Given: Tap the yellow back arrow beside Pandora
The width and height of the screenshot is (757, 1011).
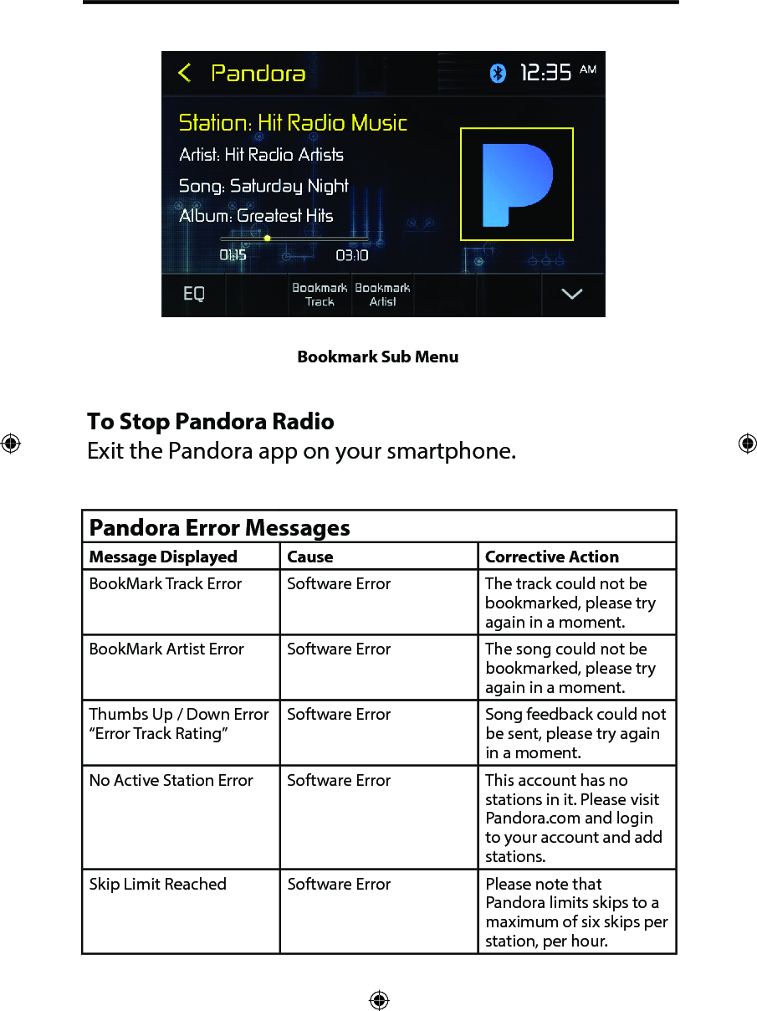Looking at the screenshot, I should pyautogui.click(x=185, y=74).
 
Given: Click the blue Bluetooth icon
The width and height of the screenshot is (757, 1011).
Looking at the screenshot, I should pyautogui.click(x=498, y=74).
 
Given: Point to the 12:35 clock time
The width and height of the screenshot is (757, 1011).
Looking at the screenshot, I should pyautogui.click(x=546, y=74).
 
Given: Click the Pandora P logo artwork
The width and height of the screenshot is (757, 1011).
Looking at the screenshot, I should pyautogui.click(x=517, y=184).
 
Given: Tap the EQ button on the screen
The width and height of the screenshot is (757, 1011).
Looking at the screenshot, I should pyautogui.click(x=194, y=295).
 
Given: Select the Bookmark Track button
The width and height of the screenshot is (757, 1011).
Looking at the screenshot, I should pyautogui.click(x=320, y=295).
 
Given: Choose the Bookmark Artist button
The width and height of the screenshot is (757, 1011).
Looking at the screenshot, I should pyautogui.click(x=382, y=295).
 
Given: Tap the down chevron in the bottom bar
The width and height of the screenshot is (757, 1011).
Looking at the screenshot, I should pyautogui.click(x=572, y=295).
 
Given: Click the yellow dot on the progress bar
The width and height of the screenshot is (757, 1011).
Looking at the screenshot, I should pyautogui.click(x=268, y=239).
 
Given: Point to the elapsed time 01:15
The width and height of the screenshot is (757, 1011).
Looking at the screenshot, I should pyautogui.click(x=233, y=255).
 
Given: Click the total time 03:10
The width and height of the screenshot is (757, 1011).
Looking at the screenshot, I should pyautogui.click(x=352, y=255).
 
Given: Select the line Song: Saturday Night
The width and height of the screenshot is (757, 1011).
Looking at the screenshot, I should pyautogui.click(x=263, y=186).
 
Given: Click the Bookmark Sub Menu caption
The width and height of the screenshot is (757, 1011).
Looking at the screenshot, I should pyautogui.click(x=378, y=357).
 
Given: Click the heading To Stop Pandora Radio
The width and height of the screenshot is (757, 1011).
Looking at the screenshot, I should pyautogui.click(x=211, y=421).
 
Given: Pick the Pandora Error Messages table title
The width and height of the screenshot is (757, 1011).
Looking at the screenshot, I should pyautogui.click(x=220, y=528).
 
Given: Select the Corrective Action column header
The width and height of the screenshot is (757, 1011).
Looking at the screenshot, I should pyautogui.click(x=552, y=557).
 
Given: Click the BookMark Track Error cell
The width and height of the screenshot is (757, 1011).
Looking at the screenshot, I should pyautogui.click(x=166, y=584).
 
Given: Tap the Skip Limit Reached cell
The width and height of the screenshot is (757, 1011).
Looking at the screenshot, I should pyautogui.click(x=158, y=885).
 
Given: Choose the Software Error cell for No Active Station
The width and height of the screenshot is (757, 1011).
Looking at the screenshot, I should pyautogui.click(x=339, y=781).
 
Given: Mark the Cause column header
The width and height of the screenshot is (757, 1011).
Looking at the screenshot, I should pyautogui.click(x=310, y=557).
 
